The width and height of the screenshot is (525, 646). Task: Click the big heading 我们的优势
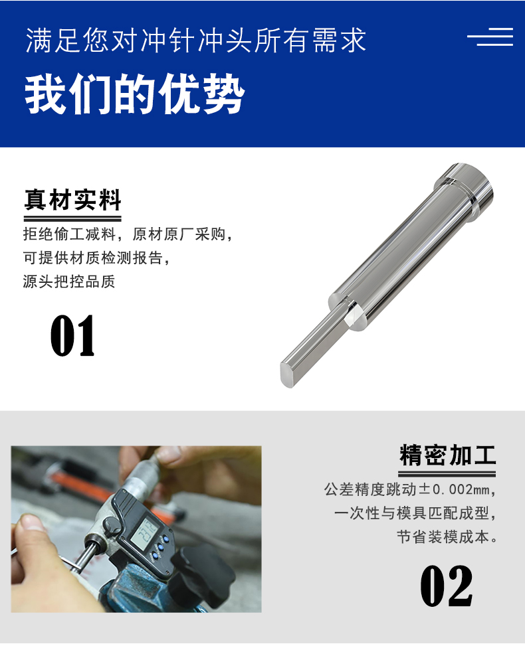click(135, 94)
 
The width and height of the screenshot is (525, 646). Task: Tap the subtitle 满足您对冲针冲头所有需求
click(196, 40)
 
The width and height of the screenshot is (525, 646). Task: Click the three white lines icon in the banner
click(490, 37)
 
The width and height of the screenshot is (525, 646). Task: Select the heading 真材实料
click(72, 201)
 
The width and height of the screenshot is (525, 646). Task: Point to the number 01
click(72, 336)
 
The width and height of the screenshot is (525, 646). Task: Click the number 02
click(447, 586)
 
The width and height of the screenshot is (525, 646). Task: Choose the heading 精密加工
click(447, 455)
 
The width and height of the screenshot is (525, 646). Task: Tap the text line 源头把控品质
click(69, 282)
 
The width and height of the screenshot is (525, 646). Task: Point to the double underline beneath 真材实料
click(72, 219)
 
